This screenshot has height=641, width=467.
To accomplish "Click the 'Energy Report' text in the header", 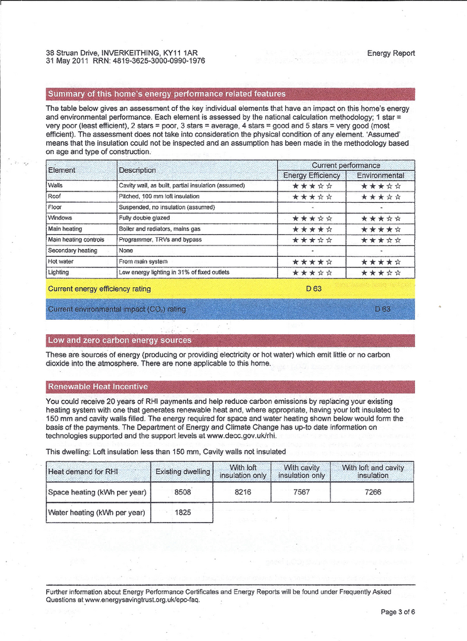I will (x=391, y=53).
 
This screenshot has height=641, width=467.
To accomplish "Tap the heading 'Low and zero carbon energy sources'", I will (x=120, y=341).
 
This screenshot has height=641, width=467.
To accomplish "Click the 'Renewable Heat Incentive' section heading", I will (x=98, y=386).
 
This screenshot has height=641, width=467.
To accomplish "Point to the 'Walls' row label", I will (x=55, y=185).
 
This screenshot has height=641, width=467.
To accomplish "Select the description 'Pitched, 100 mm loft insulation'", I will (x=159, y=197).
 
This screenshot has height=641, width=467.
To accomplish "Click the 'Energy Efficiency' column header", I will (x=312, y=175).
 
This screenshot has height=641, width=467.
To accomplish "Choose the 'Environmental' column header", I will (x=380, y=175).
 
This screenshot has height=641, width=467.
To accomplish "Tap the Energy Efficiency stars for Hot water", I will (x=312, y=262).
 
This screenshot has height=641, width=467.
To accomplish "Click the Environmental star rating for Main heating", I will (x=381, y=229).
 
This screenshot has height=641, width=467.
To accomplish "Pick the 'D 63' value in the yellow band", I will (x=313, y=289).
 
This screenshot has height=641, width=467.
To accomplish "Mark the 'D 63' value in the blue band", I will (x=382, y=309).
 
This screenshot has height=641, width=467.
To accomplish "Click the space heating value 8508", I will (x=182, y=492).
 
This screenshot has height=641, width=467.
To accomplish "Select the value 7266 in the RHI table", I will (x=372, y=492).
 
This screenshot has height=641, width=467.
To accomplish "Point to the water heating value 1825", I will (x=182, y=512).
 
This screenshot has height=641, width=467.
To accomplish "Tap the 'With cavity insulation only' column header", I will (x=301, y=471).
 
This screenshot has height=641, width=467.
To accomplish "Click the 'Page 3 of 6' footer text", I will (x=397, y=612).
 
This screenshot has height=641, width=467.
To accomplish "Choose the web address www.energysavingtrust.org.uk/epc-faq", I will (x=142, y=599).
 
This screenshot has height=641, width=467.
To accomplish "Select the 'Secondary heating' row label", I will (x=72, y=250).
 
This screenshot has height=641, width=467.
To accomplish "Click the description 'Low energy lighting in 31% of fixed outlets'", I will (x=174, y=272).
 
